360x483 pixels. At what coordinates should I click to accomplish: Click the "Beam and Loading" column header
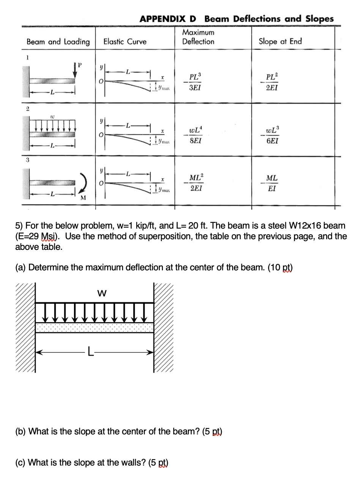(58, 42)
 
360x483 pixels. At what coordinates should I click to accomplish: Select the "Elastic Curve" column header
(125, 42)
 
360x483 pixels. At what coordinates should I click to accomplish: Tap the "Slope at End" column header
(280, 41)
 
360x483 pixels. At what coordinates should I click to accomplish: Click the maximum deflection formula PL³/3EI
(195, 82)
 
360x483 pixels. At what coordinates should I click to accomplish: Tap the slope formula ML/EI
(272, 182)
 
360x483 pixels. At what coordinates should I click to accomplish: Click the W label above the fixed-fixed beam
(102, 293)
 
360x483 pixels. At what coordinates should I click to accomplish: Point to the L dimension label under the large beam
(90, 352)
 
